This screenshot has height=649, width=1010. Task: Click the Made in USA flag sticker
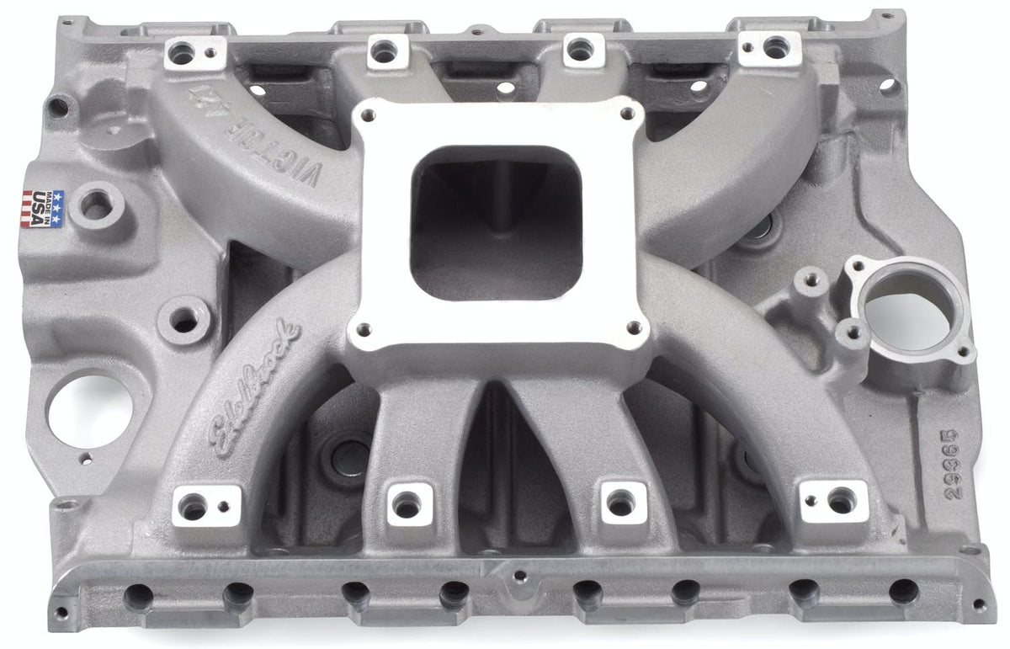[x=41, y=207]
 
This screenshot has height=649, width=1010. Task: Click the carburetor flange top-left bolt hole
[x=369, y=118]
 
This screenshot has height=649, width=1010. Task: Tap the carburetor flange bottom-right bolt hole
[x=634, y=327]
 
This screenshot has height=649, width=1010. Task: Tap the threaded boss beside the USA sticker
[x=97, y=204]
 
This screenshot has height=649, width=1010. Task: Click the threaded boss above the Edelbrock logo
[x=184, y=319]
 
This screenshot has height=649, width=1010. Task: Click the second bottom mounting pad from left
[x=409, y=504]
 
